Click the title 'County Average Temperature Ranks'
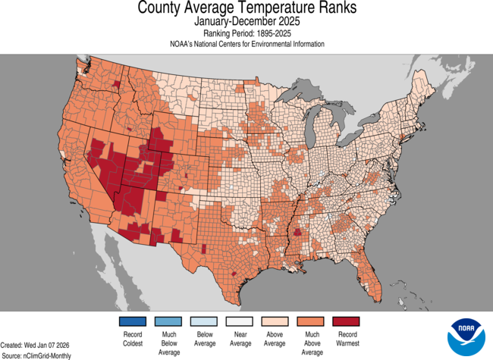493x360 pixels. coord(246,8)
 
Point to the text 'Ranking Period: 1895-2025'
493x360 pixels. coord(246,33)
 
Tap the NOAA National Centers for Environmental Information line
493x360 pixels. coord(246,44)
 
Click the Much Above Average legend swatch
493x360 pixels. coord(311,321)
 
